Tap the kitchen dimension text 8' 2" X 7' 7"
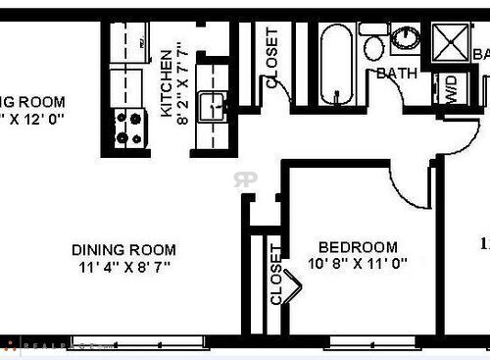tap(183, 87)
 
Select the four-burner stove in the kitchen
tap(127, 125)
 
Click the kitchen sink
tap(212, 106)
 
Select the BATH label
tap(396, 74)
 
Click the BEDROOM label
tap(360, 247)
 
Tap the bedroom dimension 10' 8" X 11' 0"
tap(357, 264)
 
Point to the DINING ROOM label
tap(123, 249)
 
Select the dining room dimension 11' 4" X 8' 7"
tap(123, 266)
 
